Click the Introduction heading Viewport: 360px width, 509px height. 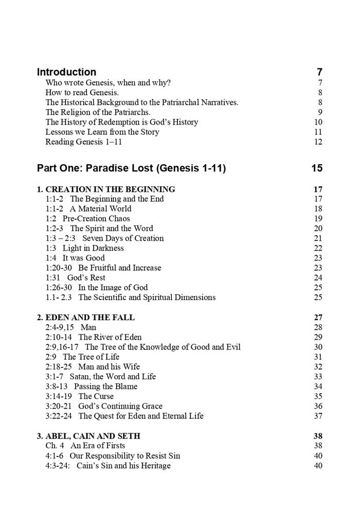[66, 72]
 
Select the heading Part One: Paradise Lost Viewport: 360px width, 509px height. [131, 168]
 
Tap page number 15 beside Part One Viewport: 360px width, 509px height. [317, 168]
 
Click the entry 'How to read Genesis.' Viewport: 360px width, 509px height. [82, 93]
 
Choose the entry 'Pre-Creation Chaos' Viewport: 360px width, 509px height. [96, 218]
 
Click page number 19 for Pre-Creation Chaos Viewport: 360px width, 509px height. [318, 218]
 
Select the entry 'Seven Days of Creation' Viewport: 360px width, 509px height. [123, 238]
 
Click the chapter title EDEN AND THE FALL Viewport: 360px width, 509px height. [85, 317]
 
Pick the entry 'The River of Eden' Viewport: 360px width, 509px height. [110, 337]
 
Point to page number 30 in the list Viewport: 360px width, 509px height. [318, 347]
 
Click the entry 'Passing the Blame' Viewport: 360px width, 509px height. [105, 387]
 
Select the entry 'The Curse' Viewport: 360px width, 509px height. [96, 396]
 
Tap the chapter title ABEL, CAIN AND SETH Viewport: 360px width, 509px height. [88, 436]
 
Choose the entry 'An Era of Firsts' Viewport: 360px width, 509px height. [98, 446]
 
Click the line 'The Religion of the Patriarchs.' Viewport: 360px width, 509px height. [98, 112]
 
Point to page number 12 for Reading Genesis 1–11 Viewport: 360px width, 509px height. [318, 142]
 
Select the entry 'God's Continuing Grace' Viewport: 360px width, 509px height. [120, 406]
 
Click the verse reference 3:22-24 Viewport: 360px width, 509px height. [59, 416]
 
